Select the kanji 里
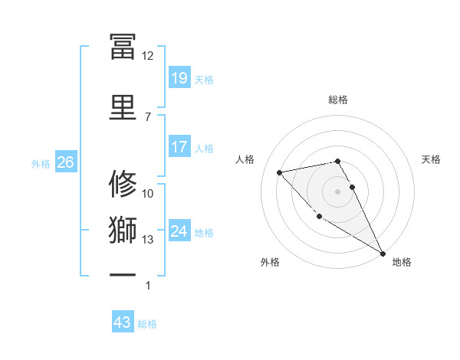tap(123, 106)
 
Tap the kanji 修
tap(123, 184)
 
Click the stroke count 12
tap(147, 56)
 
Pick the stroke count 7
tap(147, 116)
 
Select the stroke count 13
tap(147, 240)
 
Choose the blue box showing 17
tap(179, 146)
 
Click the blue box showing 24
tap(179, 231)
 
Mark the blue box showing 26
tap(65, 162)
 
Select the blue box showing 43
tap(123, 322)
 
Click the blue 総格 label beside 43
tap(147, 324)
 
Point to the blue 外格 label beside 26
tap(41, 164)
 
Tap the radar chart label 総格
tap(338, 100)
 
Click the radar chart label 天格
tap(432, 159)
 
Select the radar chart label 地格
tap(402, 262)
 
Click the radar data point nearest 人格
tap(280, 172)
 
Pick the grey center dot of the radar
tap(337, 191)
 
